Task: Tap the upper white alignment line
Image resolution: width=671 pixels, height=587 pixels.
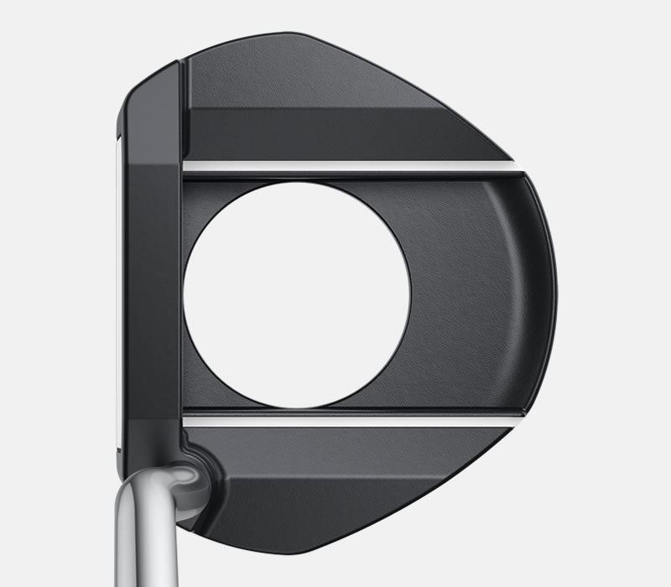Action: pos(352,167)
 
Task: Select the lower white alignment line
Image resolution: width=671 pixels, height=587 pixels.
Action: pos(352,418)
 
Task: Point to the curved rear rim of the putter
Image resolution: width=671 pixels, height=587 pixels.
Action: pos(545,293)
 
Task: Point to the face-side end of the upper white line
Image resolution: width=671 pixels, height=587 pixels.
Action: pos(188,167)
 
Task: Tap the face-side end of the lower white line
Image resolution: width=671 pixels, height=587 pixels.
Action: pos(188,418)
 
